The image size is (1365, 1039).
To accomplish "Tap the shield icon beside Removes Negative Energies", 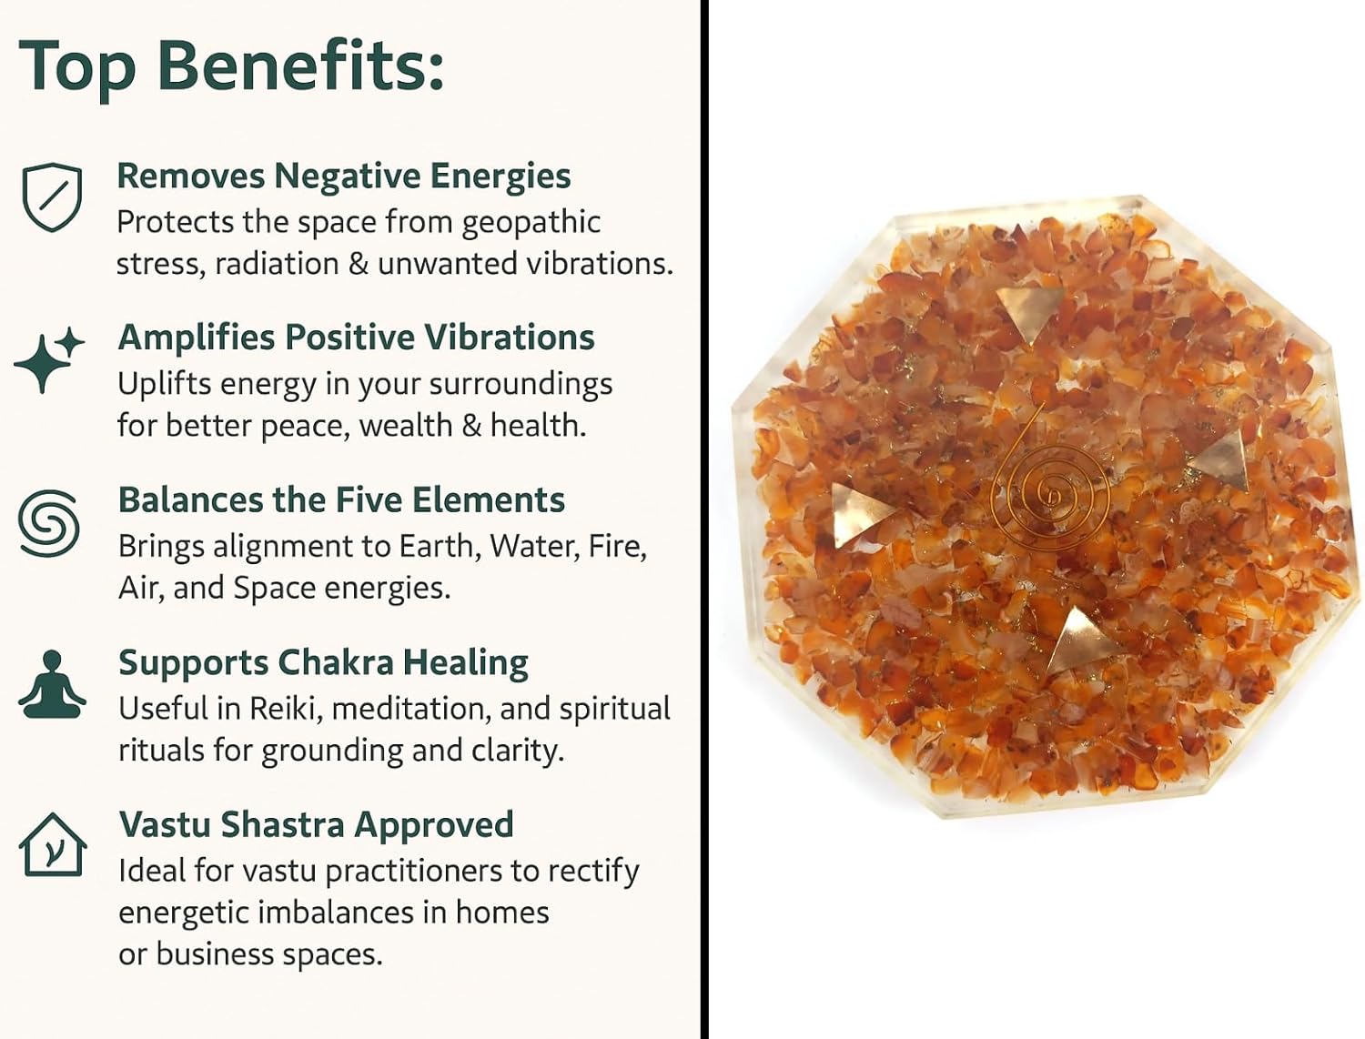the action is coord(52,197).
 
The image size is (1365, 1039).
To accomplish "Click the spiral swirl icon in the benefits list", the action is coord(49,522).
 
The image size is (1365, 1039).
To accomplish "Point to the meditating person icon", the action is coord(52,684).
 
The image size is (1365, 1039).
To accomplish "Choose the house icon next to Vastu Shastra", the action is coord(53,845).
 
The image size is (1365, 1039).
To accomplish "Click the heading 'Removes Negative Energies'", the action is coord(344,176).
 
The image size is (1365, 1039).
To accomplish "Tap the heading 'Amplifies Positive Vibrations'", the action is coord(357,338).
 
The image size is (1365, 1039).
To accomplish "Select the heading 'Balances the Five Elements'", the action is coord(341,499).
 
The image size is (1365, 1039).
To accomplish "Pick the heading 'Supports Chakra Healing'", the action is coord(323,663).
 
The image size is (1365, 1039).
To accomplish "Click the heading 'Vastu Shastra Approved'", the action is coord(317,824).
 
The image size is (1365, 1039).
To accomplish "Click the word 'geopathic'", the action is coord(531,223).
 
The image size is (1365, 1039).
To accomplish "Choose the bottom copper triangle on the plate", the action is coord(1081,641).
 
